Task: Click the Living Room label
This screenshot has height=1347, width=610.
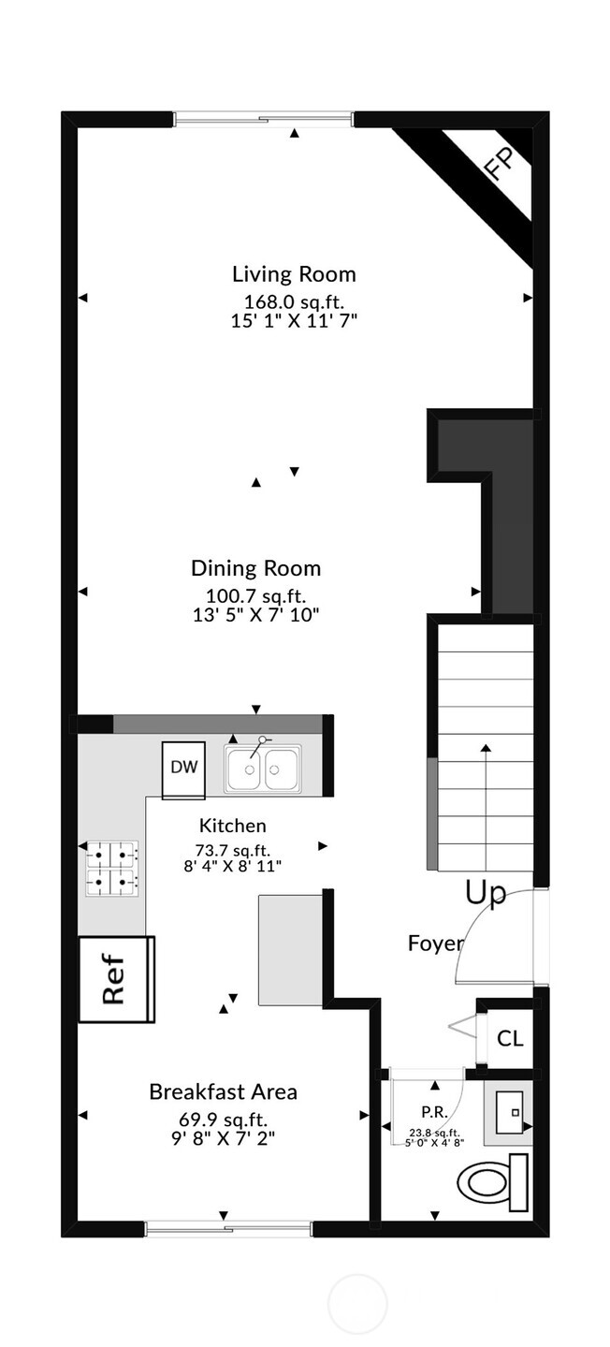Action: tap(294, 274)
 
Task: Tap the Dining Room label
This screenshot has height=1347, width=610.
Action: tap(255, 568)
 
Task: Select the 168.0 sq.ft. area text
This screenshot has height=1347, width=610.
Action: tap(295, 300)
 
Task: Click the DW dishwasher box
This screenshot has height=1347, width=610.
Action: tap(184, 769)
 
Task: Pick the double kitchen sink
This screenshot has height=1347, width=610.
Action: tap(263, 769)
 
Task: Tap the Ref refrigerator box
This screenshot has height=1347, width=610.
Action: tap(115, 980)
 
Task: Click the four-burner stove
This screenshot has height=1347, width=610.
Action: tap(112, 867)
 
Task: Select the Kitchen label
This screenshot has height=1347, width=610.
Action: tap(232, 826)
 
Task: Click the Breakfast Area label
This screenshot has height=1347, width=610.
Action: tap(223, 1091)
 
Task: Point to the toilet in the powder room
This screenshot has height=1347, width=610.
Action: tap(497, 1182)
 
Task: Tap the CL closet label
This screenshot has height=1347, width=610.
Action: tap(510, 1038)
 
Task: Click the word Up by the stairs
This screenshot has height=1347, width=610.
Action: tap(486, 893)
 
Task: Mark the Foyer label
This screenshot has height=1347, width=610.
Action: tap(435, 943)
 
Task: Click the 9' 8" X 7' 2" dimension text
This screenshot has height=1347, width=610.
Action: tap(223, 1139)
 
